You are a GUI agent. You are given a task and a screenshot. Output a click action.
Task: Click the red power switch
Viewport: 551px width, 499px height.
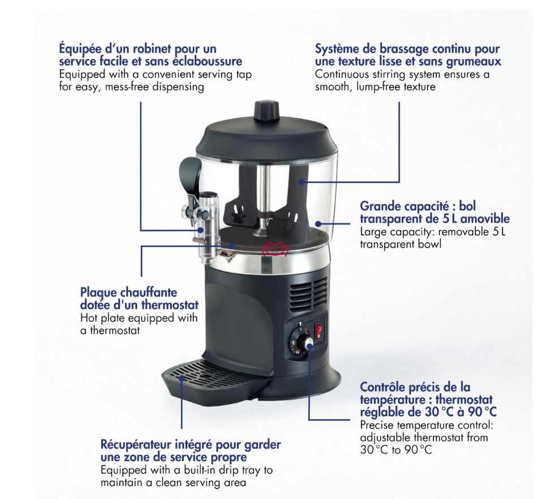click(x=318, y=329)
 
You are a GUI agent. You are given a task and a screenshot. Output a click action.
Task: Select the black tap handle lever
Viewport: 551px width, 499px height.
click(x=190, y=176)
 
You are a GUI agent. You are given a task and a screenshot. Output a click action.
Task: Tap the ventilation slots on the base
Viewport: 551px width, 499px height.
click(x=308, y=294)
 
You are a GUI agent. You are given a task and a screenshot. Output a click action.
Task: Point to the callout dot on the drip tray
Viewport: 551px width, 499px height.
click(x=182, y=378)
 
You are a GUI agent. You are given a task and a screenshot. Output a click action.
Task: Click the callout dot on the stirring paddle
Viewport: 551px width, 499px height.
click(x=301, y=181)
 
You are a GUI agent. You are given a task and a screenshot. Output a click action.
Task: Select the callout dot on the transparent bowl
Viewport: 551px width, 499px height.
click(x=317, y=223)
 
